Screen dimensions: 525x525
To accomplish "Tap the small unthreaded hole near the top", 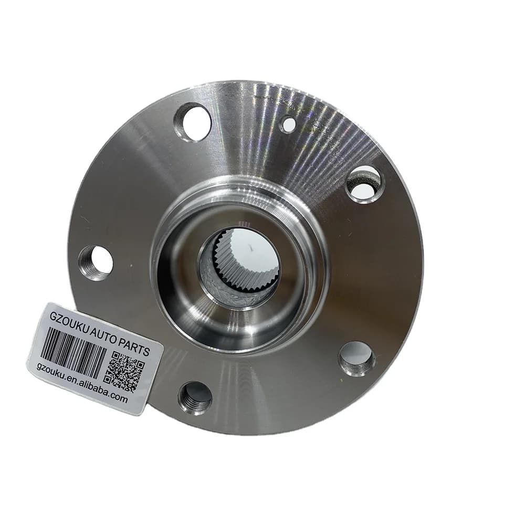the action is (x=288, y=124).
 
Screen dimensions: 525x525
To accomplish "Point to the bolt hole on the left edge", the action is (x=96, y=263).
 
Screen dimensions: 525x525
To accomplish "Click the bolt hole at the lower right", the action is (x=357, y=359).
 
